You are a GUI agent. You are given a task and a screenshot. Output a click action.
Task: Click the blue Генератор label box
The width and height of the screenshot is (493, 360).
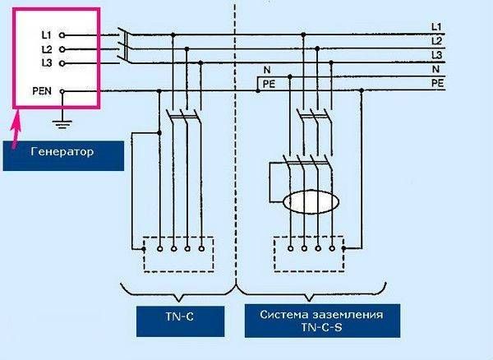pyautogui.click(x=63, y=156)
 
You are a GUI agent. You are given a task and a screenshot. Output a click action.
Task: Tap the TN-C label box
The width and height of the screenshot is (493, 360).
pyautogui.click(x=180, y=321)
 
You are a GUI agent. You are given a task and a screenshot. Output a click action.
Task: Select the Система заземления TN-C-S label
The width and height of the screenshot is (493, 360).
pyautogui.click(x=322, y=321)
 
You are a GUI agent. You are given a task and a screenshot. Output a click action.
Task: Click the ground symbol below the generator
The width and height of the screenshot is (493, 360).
pyautogui.click(x=62, y=124)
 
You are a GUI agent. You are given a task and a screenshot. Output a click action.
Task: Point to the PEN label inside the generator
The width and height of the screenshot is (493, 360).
pyautogui.click(x=42, y=91)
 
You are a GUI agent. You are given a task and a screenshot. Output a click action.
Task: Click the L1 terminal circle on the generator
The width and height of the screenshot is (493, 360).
pyautogui.click(x=62, y=35)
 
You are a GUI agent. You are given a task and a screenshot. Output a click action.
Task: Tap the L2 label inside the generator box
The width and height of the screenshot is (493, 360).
pyautogui.click(x=47, y=49)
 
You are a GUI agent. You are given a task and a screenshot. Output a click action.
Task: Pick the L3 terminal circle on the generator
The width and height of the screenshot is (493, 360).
pyautogui.click(x=62, y=63)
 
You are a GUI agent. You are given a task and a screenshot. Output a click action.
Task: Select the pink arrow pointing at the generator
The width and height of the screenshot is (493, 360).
pyautogui.click(x=16, y=129)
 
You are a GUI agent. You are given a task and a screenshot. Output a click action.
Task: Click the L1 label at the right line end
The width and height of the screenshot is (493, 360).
pyautogui.click(x=436, y=27)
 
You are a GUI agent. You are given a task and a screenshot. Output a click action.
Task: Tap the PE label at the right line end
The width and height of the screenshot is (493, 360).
pyautogui.click(x=437, y=83)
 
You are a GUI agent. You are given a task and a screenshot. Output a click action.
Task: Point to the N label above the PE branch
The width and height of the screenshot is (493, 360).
pyautogui.click(x=267, y=70)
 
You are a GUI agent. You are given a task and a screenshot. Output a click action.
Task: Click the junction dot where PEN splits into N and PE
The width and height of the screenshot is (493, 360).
pyautogui.click(x=258, y=91)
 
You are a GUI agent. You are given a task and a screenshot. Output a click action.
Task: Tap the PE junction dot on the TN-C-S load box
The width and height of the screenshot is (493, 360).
pyautogui.click(x=343, y=248)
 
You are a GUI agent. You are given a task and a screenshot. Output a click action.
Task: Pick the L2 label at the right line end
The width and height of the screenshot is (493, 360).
pyautogui.click(x=437, y=41)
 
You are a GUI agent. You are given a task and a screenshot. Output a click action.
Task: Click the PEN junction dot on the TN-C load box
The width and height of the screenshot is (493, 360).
pyautogui.click(x=144, y=249)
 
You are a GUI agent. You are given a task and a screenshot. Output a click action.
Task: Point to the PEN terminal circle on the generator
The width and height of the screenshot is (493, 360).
pyautogui.click(x=62, y=91)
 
